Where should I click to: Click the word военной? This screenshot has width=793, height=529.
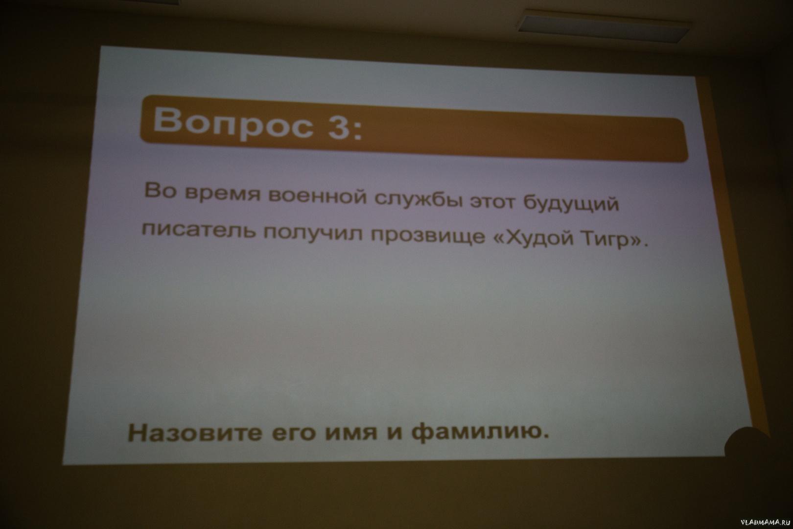tap(317, 196)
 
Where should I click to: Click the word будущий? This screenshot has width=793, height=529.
tap(570, 203)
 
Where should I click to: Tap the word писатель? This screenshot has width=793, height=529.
tap(199, 228)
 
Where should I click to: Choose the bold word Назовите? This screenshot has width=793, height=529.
tap(195, 433)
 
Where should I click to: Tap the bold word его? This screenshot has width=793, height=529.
tap(293, 434)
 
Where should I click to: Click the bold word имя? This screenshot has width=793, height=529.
tap(351, 433)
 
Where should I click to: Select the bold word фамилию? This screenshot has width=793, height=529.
tap(480, 433)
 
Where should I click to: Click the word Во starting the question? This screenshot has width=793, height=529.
tap(160, 192)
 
